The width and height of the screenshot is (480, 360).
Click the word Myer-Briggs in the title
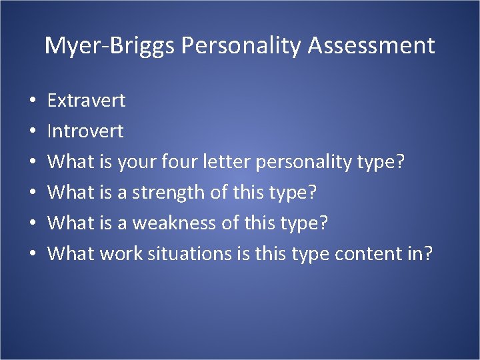tap(109, 46)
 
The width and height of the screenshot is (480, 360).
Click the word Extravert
tap(87, 101)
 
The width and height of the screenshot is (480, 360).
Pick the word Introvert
tap(85, 131)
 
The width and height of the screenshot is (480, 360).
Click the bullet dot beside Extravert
tap(33, 102)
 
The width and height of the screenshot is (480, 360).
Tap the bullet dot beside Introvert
tap(33, 132)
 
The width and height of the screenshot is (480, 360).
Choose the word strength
tap(168, 193)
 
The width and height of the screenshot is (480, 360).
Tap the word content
tap(371, 253)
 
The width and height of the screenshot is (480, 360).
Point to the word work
tap(120, 253)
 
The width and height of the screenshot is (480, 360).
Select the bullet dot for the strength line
tap(33, 193)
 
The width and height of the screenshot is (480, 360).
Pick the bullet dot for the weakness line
tap(33, 223)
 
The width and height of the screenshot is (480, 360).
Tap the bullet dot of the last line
tap(33, 254)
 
